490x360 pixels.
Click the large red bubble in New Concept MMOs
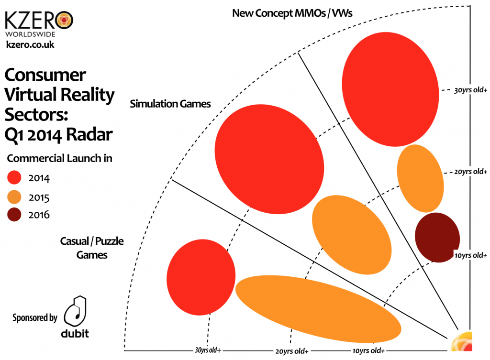click(390, 93)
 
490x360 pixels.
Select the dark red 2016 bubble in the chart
click(436, 238)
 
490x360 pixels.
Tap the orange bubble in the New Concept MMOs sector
click(421, 178)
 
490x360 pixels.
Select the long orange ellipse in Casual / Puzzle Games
click(318, 306)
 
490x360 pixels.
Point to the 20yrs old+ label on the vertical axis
click(470, 172)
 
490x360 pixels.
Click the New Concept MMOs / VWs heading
click(292, 13)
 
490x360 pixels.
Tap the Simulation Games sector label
click(170, 104)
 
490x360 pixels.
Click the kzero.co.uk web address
click(30, 45)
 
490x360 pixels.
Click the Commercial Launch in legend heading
click(60, 158)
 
